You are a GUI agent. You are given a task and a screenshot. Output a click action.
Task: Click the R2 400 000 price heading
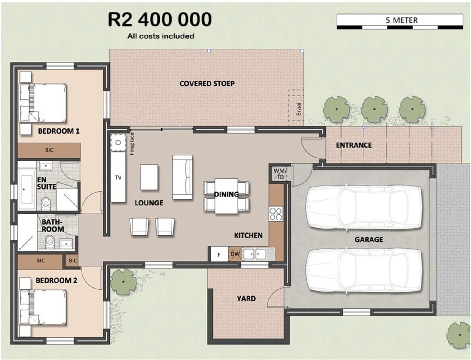[x=160, y=20]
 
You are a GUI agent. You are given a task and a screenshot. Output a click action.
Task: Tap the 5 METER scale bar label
[x=402, y=20]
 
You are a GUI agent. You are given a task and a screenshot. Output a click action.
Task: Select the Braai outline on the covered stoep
[x=296, y=108]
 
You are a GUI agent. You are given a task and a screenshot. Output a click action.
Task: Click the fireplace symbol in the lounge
[x=118, y=142]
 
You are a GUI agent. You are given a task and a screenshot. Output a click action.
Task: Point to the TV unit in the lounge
[x=118, y=177]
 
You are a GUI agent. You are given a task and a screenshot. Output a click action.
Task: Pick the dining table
[x=226, y=196]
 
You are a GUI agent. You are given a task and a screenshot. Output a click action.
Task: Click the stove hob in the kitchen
[x=276, y=214]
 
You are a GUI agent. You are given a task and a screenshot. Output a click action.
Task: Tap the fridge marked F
[x=219, y=254]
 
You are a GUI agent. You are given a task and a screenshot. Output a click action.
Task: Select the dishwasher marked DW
[x=235, y=254]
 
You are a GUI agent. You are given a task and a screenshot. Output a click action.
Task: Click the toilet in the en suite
[x=46, y=203]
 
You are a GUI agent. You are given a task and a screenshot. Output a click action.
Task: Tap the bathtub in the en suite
[x=27, y=189]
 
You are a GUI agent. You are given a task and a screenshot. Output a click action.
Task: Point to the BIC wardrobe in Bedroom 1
[x=49, y=150]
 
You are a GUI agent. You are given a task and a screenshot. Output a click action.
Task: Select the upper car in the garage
[x=365, y=208]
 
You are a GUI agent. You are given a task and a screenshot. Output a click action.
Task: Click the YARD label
[x=246, y=298]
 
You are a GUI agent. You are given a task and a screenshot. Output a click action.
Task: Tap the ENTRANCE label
[x=354, y=145]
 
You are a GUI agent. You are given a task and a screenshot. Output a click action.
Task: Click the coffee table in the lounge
[x=149, y=177]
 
